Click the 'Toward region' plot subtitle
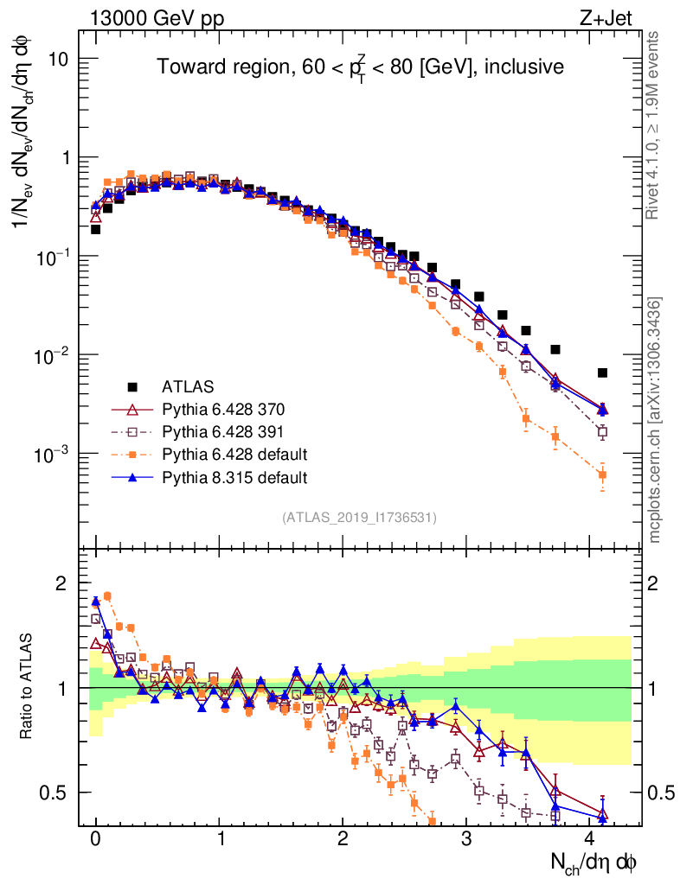(x=360, y=67)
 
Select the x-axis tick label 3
(x=466, y=839)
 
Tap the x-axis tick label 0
(x=96, y=839)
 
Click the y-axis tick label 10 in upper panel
(x=63, y=59)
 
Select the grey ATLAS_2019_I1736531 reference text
(x=359, y=518)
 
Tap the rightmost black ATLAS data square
(x=602, y=372)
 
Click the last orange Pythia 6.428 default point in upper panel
(x=602, y=474)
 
